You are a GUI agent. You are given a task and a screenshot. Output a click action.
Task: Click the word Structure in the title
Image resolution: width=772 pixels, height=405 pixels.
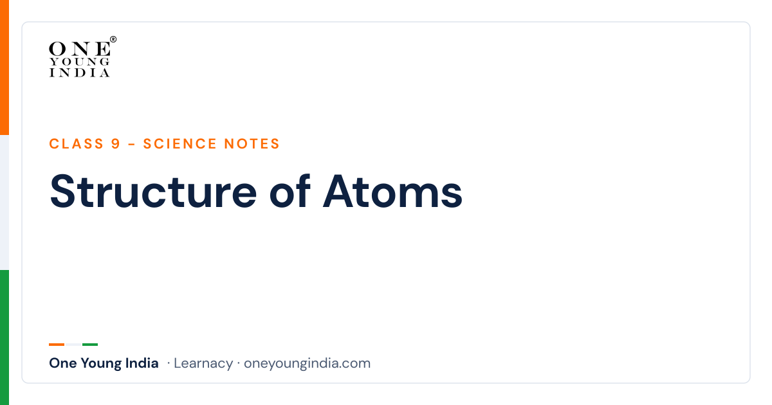153,192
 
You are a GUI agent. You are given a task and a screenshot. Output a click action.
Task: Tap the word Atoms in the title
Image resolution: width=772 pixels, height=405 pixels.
392,192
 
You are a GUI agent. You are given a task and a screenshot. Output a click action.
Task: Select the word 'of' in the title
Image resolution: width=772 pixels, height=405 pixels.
290,191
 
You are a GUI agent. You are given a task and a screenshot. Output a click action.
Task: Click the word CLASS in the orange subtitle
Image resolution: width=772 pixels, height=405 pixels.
76,143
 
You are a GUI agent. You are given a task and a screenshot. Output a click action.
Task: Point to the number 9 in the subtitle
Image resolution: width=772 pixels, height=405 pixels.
115,143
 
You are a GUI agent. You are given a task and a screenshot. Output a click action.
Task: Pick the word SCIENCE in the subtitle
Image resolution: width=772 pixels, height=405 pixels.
179,143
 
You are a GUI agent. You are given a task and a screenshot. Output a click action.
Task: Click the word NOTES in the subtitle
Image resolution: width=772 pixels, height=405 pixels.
252,143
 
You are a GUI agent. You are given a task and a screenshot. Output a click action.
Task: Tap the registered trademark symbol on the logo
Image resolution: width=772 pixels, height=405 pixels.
113,39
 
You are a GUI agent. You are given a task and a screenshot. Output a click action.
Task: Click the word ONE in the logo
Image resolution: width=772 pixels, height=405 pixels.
80,49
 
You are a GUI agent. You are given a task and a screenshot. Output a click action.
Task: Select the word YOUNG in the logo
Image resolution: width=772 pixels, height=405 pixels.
80,62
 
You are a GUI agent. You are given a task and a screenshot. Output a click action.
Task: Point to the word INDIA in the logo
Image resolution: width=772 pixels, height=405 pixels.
80,73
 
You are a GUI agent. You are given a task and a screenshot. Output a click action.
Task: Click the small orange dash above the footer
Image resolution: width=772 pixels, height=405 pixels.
57,345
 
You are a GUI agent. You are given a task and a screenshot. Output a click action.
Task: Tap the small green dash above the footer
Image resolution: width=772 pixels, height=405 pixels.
90,345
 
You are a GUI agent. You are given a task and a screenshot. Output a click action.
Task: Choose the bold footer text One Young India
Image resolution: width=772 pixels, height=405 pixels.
104,363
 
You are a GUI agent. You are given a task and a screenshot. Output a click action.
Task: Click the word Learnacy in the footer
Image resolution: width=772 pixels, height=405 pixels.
203,363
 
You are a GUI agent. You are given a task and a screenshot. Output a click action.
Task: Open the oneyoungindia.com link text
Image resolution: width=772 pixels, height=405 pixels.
307,363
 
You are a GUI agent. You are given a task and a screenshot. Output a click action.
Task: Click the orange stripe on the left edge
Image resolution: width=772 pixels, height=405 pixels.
5,67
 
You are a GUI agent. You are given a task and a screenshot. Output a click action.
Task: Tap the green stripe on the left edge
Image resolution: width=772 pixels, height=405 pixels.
5,337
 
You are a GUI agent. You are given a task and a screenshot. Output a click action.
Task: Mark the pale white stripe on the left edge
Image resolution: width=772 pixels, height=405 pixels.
5,203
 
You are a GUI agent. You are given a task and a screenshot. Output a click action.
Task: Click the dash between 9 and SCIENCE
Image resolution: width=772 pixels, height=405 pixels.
131,144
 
